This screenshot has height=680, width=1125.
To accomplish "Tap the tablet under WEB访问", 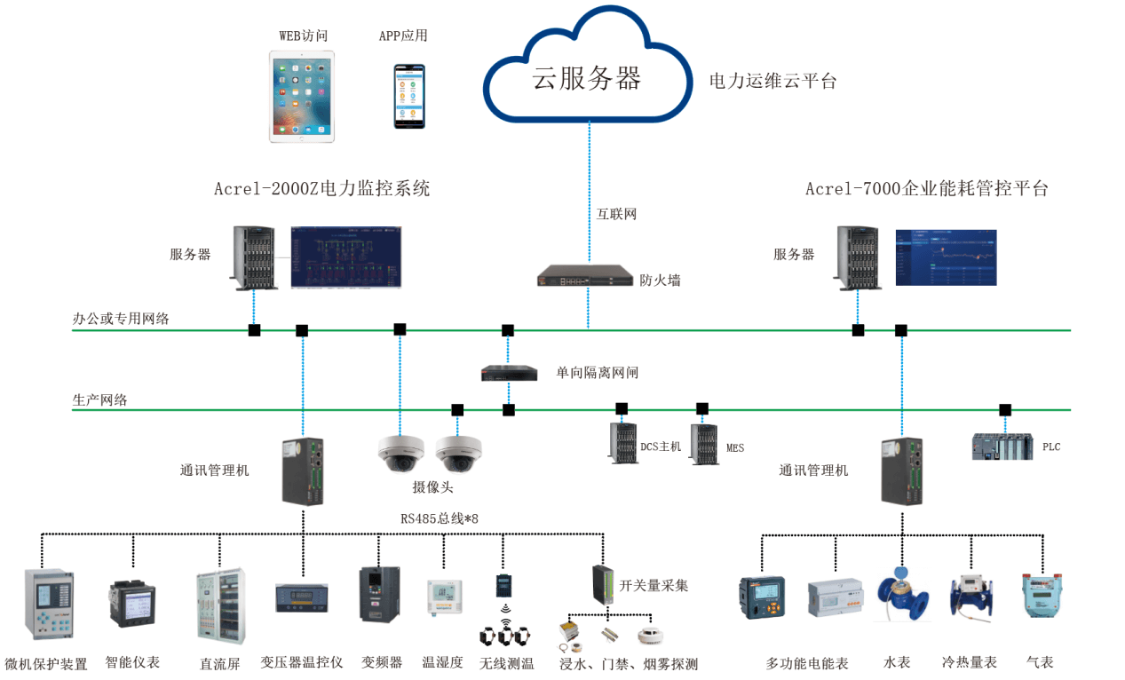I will [x=302, y=96].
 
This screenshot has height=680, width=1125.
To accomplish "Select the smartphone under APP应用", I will [x=409, y=96].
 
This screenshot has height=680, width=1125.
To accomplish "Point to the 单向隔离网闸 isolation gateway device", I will [x=510, y=373].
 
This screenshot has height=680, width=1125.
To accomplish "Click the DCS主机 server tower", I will [x=623, y=443].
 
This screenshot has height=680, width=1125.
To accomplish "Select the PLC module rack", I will [x=1002, y=446].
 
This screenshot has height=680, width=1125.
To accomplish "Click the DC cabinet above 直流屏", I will [x=219, y=605].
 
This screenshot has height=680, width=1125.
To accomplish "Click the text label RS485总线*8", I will [x=440, y=518].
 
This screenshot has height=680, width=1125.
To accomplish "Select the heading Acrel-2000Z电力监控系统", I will [x=321, y=188].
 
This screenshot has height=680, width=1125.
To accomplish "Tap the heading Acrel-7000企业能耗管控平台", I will [x=927, y=188].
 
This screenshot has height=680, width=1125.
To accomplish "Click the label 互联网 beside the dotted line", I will [x=616, y=214].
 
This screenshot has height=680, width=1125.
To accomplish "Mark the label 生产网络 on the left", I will [x=99, y=399].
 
